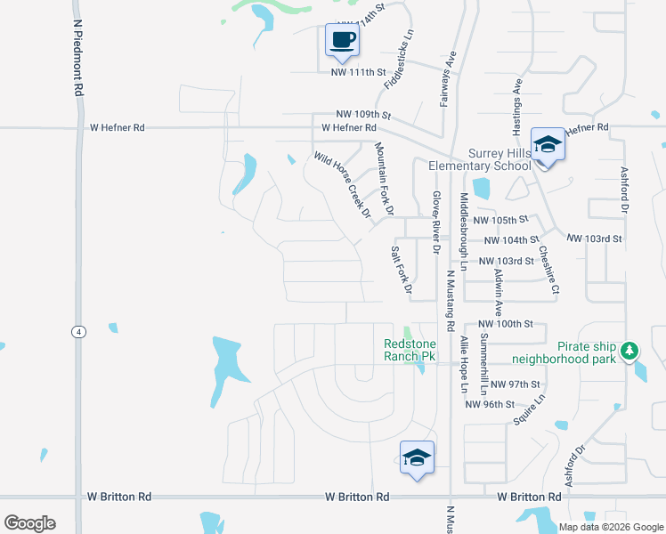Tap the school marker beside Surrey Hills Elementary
pyautogui.click(x=547, y=145)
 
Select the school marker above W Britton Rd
pyautogui.click(x=417, y=457)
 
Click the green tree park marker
pyautogui.click(x=630, y=351)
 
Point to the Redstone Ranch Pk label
pyautogui.click(x=409, y=350)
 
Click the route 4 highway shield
pyautogui.click(x=79, y=331)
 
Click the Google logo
pyautogui.click(x=30, y=523)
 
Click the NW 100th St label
pyautogui.click(x=505, y=325)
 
